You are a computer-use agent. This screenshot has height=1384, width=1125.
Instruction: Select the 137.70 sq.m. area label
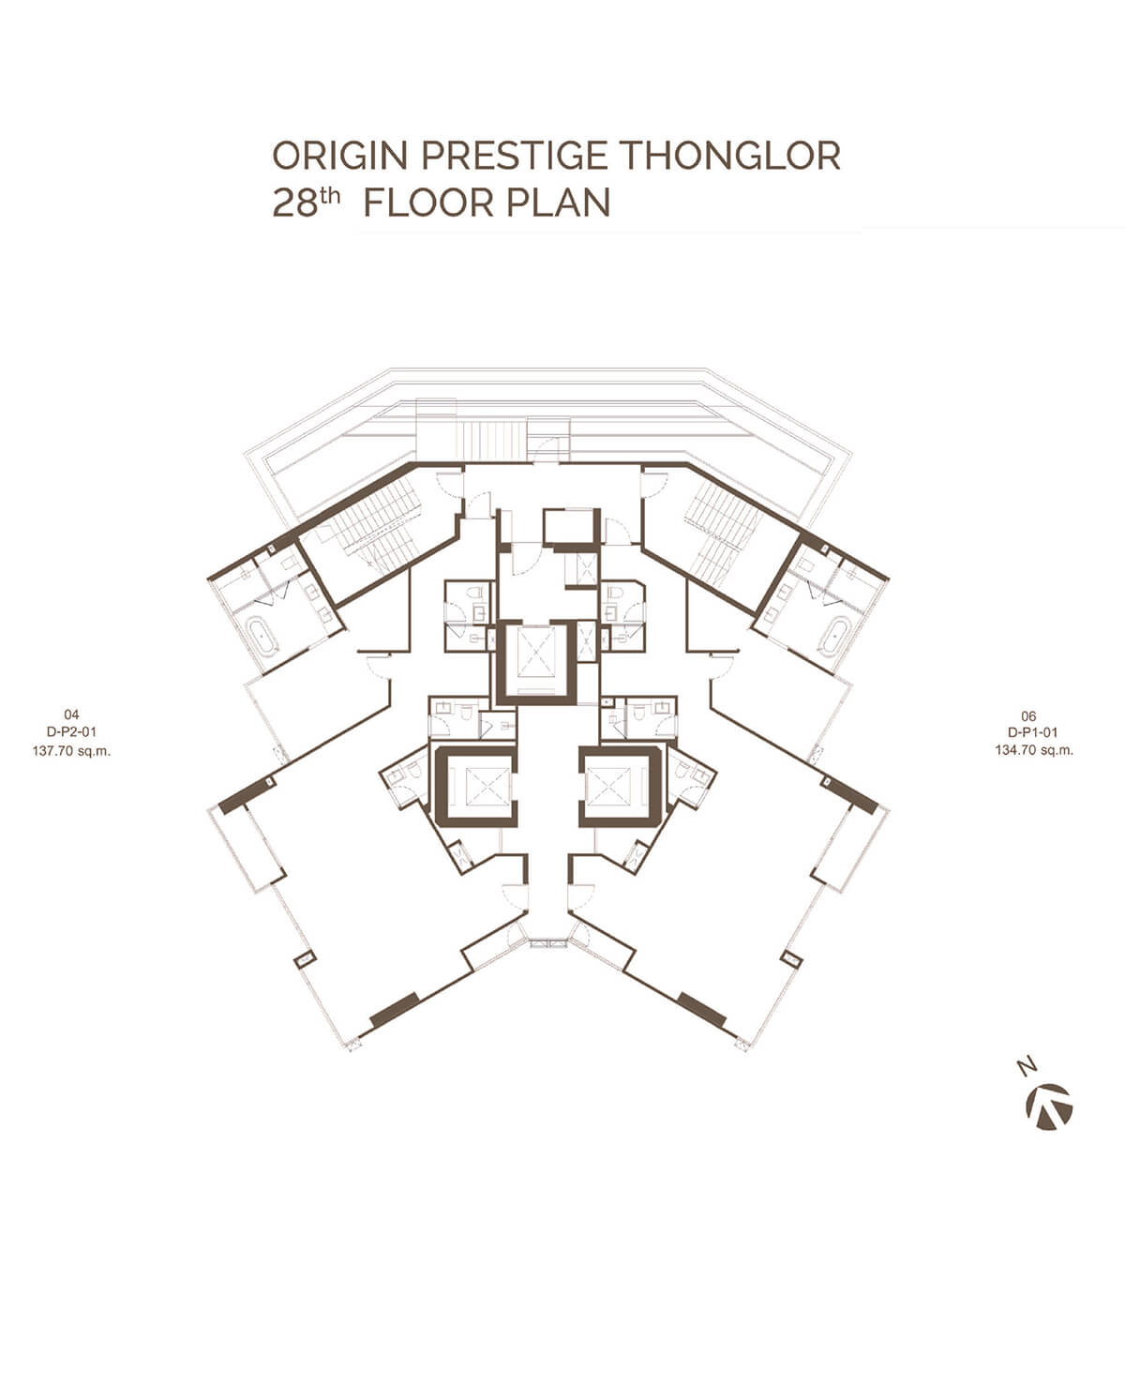[x=71, y=750]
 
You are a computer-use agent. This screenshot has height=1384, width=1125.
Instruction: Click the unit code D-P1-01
[x=1034, y=732]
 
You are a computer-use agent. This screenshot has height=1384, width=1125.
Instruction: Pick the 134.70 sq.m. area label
[x=1034, y=750]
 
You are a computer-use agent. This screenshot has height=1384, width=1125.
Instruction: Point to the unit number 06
[x=1034, y=715]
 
